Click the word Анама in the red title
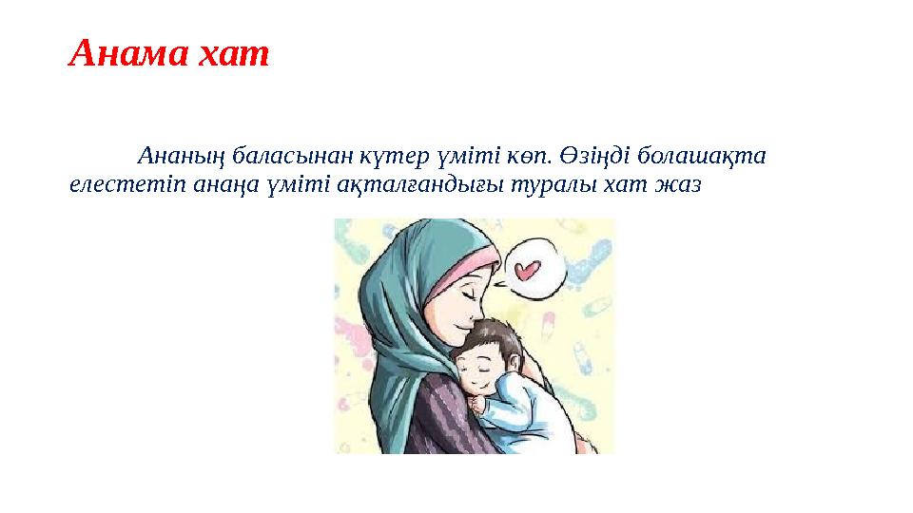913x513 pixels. pos(128,53)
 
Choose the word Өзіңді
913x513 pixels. pos(595,156)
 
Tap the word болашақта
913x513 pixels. pos(701,156)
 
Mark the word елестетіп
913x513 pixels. pos(127,185)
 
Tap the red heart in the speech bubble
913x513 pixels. pos(528,270)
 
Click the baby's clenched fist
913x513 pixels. pos(481,403)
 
